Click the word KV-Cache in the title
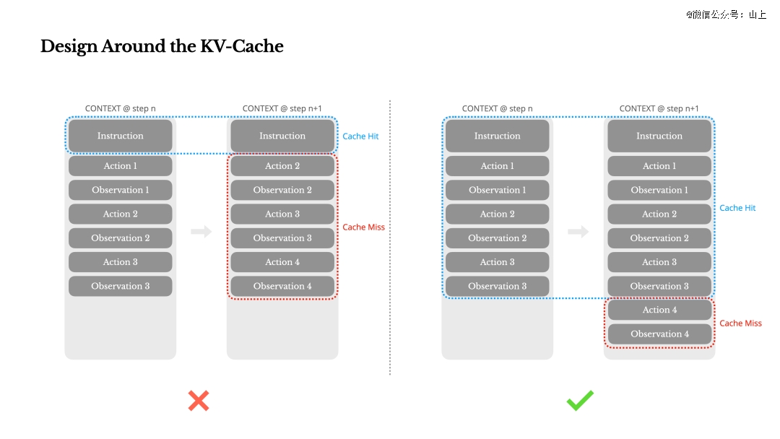[242, 46]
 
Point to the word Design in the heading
[69, 47]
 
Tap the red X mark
[199, 401]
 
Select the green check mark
[580, 400]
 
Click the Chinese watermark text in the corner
[726, 14]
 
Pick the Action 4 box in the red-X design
[282, 262]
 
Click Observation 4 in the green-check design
[659, 334]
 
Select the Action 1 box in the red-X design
[121, 166]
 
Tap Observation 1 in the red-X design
[121, 190]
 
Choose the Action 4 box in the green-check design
[659, 310]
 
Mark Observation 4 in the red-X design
[282, 286]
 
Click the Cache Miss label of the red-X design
[363, 227]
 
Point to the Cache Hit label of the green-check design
[737, 208]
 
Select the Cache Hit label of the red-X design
[360, 136]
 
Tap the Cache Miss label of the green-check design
[741, 323]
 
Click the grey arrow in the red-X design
[201, 231]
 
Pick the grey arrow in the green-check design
[578, 231]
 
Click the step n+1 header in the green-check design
[659, 108]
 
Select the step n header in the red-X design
[121, 108]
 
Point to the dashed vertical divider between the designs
[390, 238]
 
